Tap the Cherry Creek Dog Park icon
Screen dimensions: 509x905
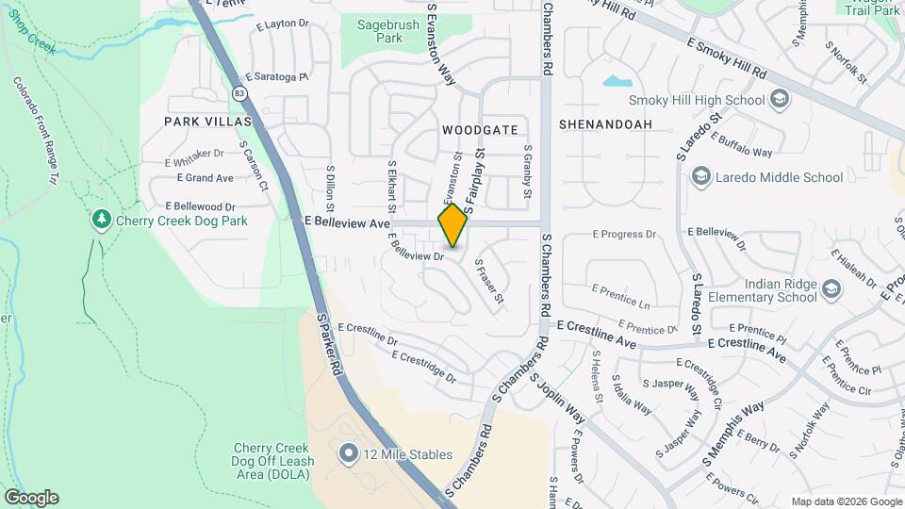click(102, 220)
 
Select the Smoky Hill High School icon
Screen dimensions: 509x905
click(779, 99)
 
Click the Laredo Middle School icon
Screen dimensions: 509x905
click(699, 176)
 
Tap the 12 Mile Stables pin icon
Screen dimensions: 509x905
click(349, 454)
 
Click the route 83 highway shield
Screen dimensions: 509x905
click(240, 93)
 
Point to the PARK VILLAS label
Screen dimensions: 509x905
click(208, 122)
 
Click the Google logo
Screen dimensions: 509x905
click(31, 498)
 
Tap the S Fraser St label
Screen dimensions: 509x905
click(490, 282)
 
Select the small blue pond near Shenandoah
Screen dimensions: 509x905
click(617, 81)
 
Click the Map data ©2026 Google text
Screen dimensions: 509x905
click(846, 501)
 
